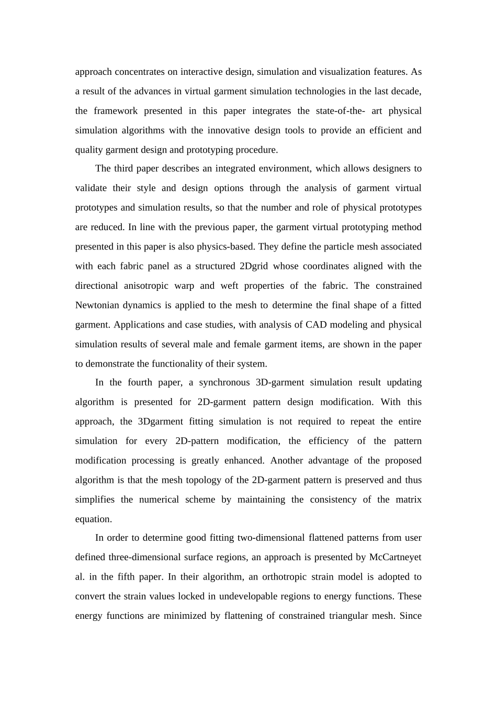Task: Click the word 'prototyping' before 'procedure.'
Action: [210, 150]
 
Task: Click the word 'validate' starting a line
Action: [91, 188]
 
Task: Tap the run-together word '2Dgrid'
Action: [253, 266]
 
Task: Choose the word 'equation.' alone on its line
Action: [94, 519]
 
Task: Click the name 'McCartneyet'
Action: [395, 558]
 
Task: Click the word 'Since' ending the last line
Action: [410, 616]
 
